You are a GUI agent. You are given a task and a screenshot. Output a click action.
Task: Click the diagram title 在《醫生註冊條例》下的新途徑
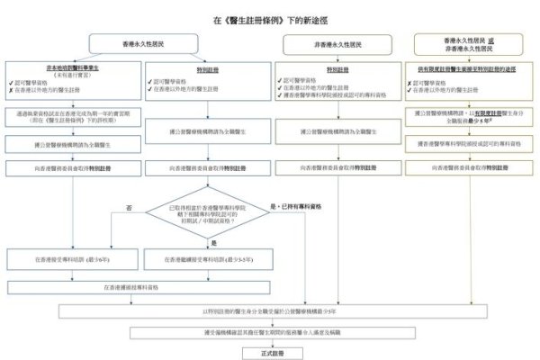(269, 18)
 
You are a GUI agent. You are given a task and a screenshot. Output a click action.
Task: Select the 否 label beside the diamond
(129, 208)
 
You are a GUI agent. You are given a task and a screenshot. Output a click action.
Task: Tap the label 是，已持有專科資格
(296, 207)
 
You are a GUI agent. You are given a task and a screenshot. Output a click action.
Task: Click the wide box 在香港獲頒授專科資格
(137, 287)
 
